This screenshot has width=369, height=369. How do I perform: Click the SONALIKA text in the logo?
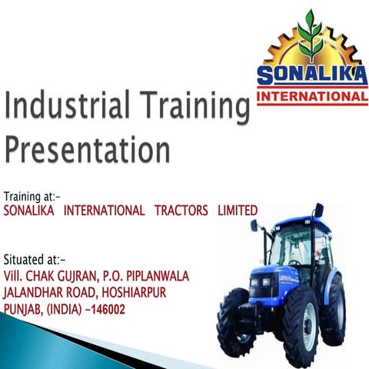pos(311,77)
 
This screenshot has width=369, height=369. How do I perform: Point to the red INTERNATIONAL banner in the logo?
pos(311,98)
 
